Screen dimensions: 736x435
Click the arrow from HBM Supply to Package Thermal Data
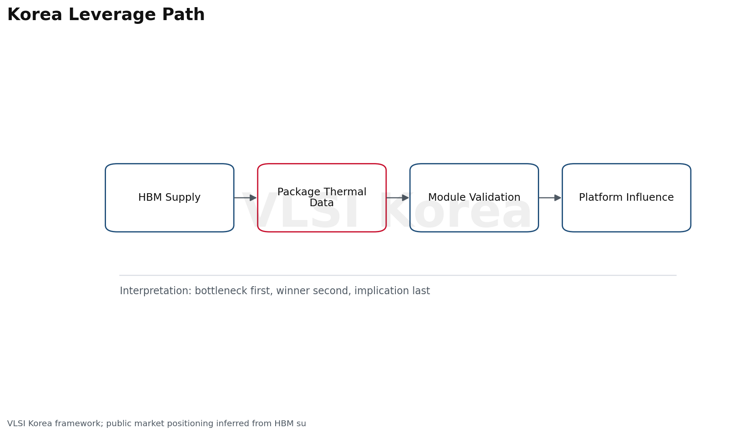pos(245,198)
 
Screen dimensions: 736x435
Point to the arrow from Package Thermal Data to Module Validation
pos(398,198)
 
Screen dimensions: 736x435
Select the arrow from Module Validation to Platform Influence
pos(550,198)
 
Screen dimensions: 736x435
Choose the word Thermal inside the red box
pos(346,192)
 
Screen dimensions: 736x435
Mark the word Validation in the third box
pos(497,197)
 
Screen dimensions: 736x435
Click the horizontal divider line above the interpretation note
pos(398,275)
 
